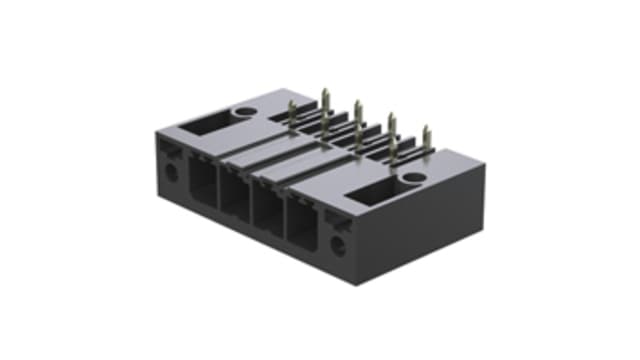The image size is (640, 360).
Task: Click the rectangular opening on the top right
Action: click(x=375, y=188)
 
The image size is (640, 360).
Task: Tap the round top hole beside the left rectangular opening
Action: click(x=243, y=112)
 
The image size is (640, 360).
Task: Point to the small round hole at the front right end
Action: click(x=338, y=243)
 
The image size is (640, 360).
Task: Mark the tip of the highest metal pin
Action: click(x=325, y=92)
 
